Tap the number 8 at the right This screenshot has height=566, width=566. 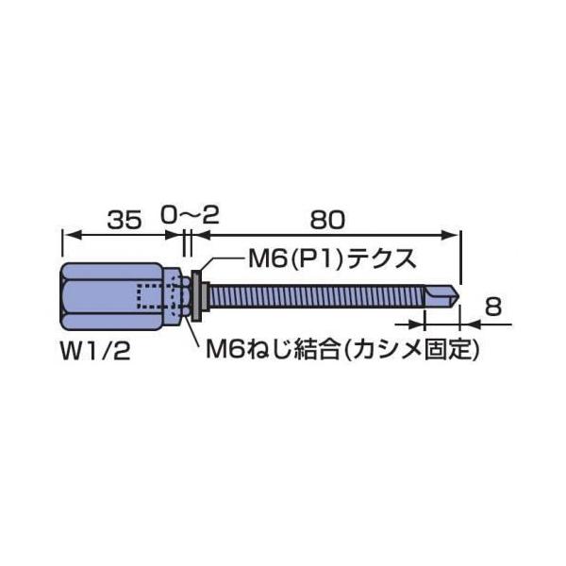(491, 306)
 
